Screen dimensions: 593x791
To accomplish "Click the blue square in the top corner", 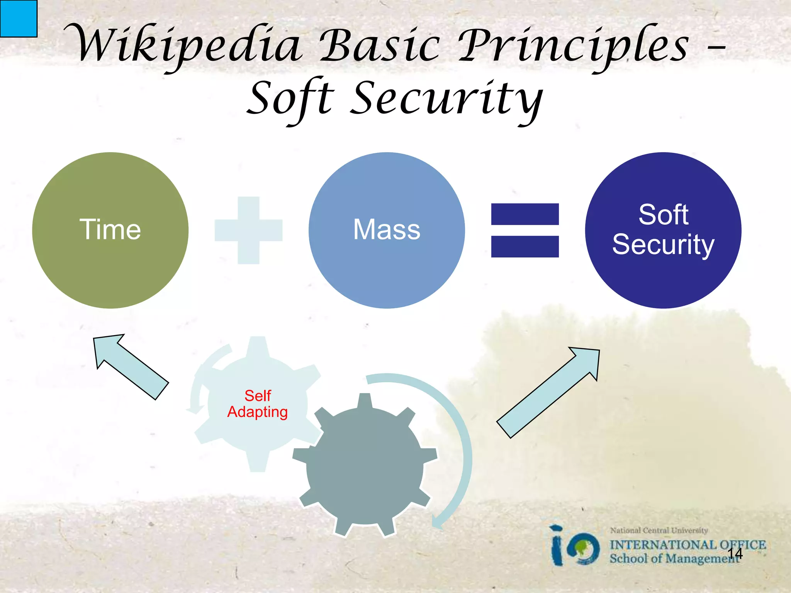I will pyautogui.click(x=18, y=18).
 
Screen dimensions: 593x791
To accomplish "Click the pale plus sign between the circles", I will pyautogui.click(x=248, y=230).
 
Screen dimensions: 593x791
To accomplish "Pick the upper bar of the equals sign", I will pyautogui.click(x=525, y=214).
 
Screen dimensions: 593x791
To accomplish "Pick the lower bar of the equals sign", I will pyautogui.click(x=525, y=246).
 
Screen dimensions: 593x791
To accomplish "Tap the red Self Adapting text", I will pyautogui.click(x=258, y=404).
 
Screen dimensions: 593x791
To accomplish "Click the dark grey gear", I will pyautogui.click(x=365, y=467).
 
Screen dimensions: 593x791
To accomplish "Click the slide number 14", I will pyautogui.click(x=735, y=554).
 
